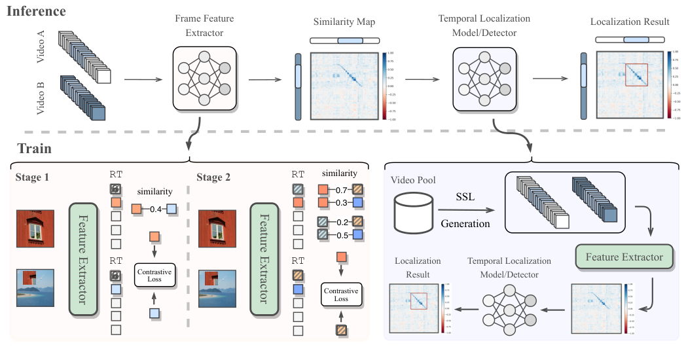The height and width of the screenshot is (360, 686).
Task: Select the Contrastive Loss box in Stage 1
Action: [x=153, y=275]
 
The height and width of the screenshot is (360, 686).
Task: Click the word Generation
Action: [x=465, y=223]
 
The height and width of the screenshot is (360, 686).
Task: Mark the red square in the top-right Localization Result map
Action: [x=636, y=75]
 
